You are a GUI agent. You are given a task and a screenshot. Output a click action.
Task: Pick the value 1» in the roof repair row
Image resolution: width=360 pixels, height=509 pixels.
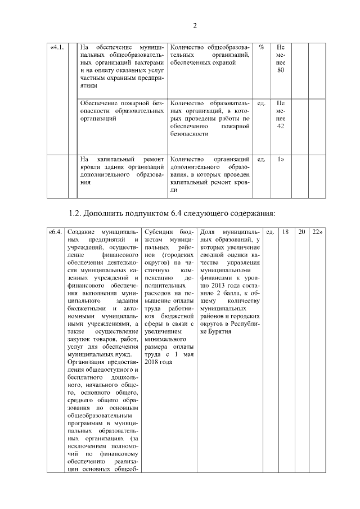281,159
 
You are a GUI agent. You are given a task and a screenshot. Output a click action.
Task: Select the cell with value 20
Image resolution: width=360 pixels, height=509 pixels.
301,232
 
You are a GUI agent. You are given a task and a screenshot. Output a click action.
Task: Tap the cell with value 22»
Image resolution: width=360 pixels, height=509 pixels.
318,232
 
